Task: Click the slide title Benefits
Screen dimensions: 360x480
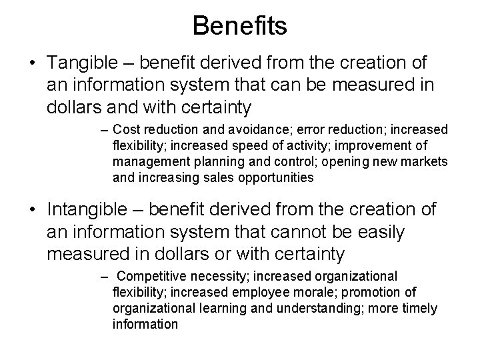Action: tap(239, 26)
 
